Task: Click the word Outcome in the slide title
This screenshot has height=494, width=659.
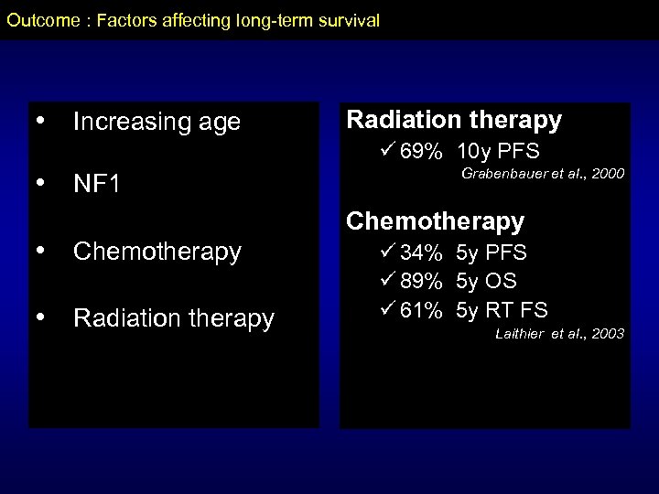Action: click(39, 19)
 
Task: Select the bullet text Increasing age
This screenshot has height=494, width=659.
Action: click(156, 122)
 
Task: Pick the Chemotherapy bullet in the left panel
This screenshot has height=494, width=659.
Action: click(157, 251)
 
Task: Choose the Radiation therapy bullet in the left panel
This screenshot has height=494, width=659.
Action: click(173, 317)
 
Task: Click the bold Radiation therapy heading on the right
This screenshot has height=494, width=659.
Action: click(453, 120)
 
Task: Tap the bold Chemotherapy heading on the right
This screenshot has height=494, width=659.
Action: click(435, 220)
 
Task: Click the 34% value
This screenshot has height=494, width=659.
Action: click(422, 252)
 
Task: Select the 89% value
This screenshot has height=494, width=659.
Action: click(422, 281)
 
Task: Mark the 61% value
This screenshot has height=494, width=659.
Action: click(422, 310)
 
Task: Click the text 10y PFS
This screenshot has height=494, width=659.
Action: click(498, 150)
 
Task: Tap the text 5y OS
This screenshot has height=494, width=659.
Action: click(486, 281)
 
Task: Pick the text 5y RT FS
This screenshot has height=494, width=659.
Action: click(502, 310)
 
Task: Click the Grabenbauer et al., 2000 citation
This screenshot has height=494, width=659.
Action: click(544, 174)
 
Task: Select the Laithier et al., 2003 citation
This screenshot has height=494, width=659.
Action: click(558, 334)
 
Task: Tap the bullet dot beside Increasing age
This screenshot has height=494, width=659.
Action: click(38, 121)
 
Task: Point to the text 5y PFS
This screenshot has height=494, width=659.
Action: click(492, 252)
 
